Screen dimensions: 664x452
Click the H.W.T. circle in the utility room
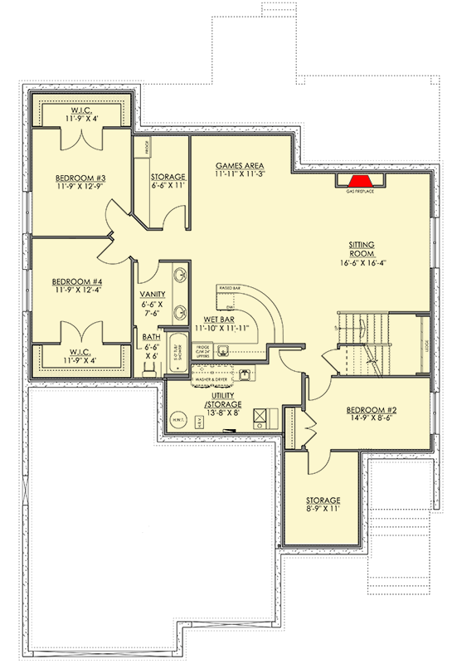coord(179,419)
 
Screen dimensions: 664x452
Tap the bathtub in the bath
coord(177,354)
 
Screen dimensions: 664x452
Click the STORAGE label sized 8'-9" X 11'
coord(323,500)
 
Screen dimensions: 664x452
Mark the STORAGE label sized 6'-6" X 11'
coord(168,178)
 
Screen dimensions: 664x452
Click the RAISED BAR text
coord(230,287)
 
